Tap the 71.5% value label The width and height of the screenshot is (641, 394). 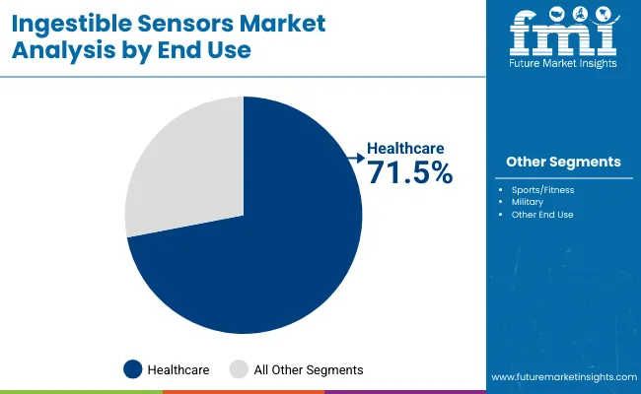point(409,173)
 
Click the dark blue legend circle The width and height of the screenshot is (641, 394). point(133,369)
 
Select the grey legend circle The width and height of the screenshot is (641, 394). point(240,369)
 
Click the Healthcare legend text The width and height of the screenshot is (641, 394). point(178,369)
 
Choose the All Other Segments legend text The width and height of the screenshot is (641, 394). point(309,369)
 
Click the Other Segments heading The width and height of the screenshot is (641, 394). point(563,162)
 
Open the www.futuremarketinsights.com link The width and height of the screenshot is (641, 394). point(561,377)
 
